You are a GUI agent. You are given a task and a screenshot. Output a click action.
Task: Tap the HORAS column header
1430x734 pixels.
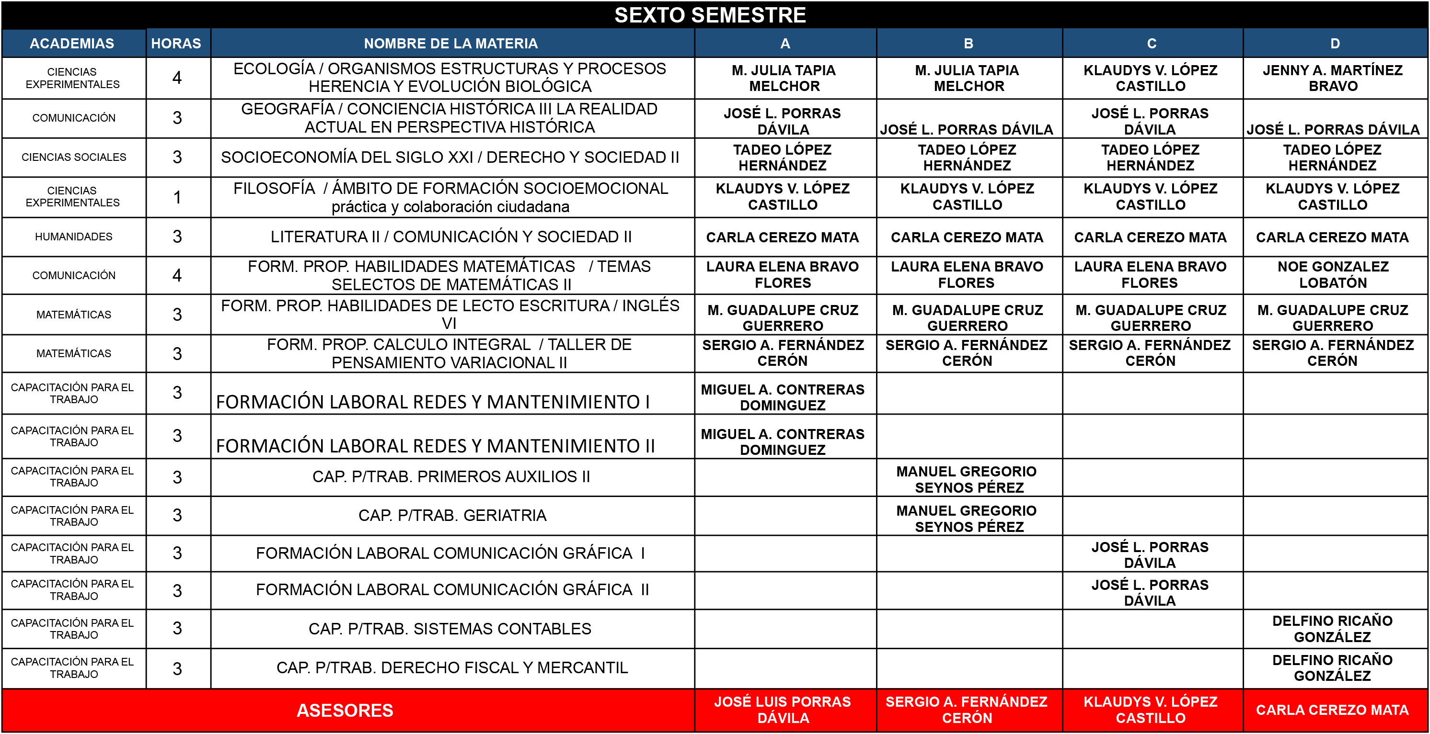[176, 43]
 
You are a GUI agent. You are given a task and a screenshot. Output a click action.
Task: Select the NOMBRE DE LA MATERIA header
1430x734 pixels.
[451, 43]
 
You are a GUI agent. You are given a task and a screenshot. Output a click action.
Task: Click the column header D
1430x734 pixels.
[1335, 43]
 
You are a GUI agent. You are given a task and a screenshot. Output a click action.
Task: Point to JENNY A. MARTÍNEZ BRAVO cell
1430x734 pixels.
[1332, 78]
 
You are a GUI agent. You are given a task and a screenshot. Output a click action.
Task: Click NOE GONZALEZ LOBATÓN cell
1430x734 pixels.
[1332, 275]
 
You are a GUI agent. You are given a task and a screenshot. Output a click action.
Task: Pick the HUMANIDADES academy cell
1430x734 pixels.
[73, 237]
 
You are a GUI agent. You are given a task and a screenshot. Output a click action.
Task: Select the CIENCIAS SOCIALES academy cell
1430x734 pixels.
[73, 158]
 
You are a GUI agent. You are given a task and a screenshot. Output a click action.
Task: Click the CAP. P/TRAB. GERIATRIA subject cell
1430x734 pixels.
[452, 515]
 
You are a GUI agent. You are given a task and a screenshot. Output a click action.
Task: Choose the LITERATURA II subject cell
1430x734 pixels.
[451, 237]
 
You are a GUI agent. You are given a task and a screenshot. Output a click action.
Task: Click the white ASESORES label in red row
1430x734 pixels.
[345, 711]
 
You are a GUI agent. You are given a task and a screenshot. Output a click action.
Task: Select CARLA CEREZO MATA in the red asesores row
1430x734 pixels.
[1332, 710]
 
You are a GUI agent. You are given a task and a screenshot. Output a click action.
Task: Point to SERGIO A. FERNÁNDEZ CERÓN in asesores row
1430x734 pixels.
[967, 710]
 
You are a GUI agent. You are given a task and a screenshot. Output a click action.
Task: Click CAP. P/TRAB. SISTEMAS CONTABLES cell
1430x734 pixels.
[450, 629]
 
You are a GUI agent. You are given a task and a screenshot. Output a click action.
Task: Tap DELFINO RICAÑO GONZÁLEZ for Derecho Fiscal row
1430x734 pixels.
[1332, 668]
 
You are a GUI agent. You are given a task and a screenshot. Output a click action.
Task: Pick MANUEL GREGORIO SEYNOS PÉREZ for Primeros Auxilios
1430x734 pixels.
[967, 479]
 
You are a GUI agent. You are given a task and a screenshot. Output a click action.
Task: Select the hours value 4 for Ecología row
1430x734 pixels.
[177, 78]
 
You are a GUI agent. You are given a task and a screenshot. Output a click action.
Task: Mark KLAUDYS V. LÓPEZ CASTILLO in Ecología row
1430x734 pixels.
[1150, 78]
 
